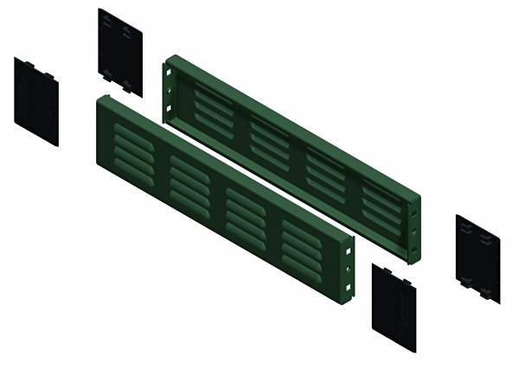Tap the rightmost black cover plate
(x=478, y=258)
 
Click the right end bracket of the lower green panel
(x=349, y=268)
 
